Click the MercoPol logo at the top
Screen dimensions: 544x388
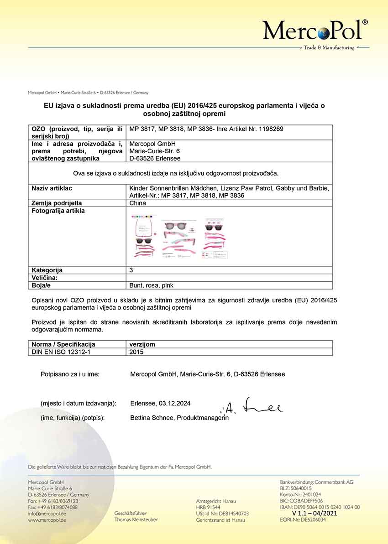pos(315,31)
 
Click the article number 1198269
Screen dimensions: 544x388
pos(271,129)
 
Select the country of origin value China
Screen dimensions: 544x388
pos(138,203)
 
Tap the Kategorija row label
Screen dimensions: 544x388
pos(47,270)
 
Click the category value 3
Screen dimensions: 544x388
pos(131,270)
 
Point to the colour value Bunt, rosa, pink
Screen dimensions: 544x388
pos(152,285)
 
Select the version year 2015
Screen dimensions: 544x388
pos(136,352)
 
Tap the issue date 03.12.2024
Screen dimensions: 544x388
pos(174,404)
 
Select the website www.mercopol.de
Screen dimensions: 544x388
pos(47,520)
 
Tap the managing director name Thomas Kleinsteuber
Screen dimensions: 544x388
pos(136,520)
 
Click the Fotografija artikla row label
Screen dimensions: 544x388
pos(58,211)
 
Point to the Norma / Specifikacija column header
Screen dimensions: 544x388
pos(63,344)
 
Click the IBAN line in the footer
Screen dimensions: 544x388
pos(320,507)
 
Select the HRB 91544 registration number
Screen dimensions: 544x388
pos(208,507)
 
